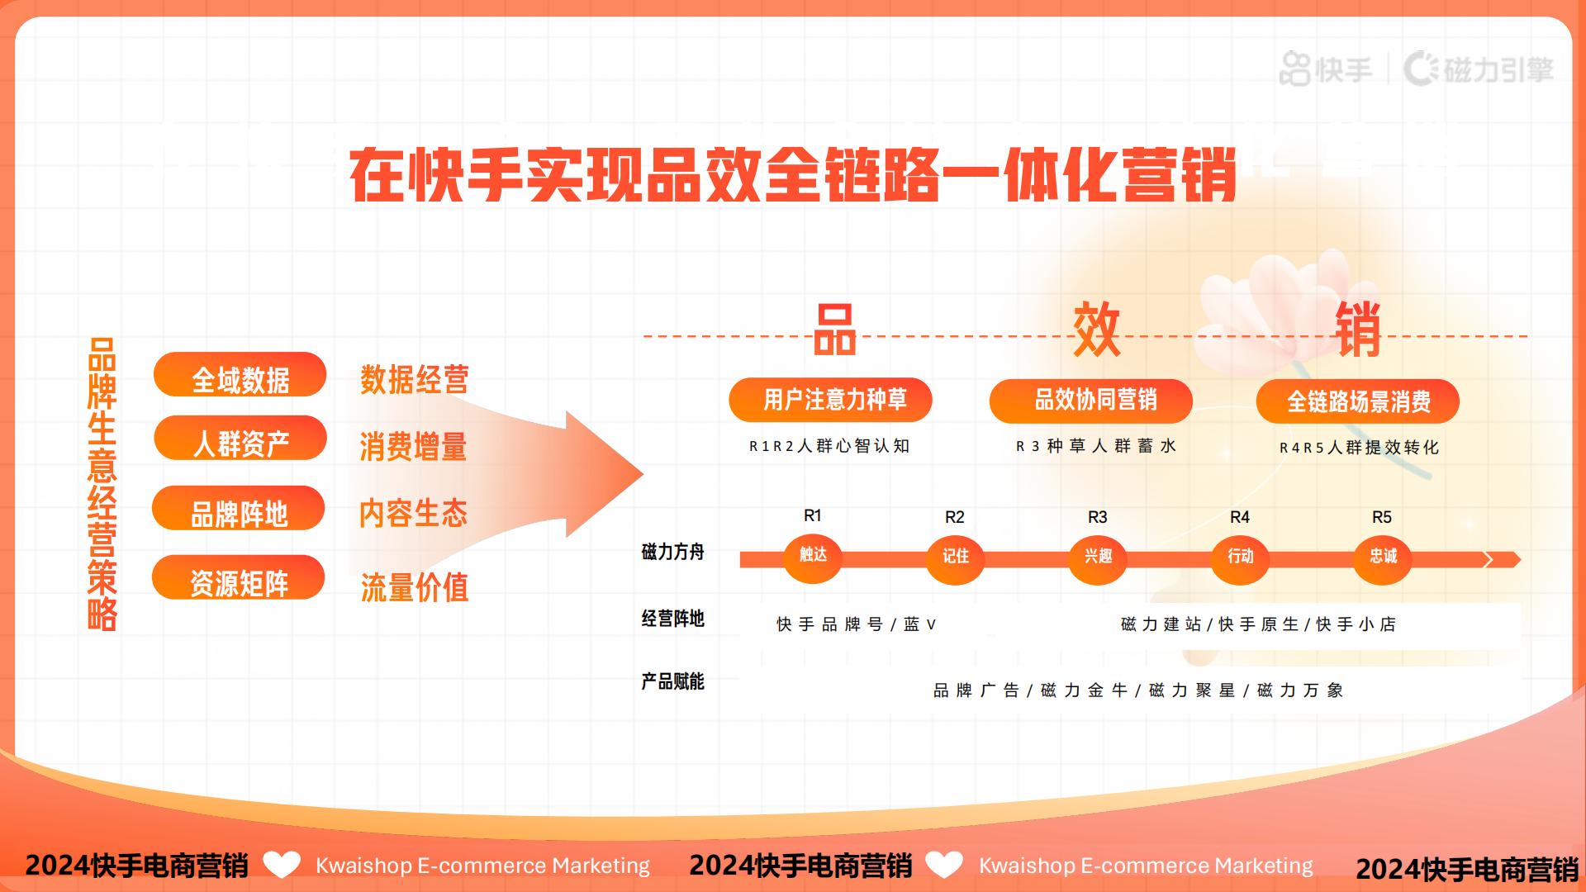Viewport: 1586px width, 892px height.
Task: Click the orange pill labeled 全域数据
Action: (x=240, y=376)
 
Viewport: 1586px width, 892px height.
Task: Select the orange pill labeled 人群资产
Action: (x=240, y=439)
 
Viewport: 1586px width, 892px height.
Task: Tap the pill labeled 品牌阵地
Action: (x=238, y=510)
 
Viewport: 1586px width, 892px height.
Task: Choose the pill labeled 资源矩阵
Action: (x=238, y=579)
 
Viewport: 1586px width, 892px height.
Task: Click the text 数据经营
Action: (x=414, y=380)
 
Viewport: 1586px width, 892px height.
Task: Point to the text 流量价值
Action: (x=414, y=588)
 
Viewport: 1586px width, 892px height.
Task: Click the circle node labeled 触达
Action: (x=813, y=556)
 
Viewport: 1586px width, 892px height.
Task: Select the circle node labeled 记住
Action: (x=955, y=557)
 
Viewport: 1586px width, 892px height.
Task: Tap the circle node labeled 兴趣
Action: (x=1098, y=557)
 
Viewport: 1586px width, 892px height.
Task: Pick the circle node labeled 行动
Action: (x=1240, y=557)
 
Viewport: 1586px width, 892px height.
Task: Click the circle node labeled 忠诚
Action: (x=1382, y=557)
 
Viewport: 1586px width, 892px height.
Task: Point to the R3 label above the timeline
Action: (x=1097, y=517)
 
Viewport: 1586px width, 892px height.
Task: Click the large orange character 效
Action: (x=1096, y=330)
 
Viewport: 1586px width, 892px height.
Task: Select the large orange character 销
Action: (x=1357, y=330)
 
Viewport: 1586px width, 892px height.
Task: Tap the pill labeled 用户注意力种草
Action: (x=830, y=401)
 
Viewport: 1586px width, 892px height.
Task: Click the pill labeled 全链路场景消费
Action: (x=1357, y=402)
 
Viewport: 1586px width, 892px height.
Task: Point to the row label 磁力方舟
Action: (x=672, y=553)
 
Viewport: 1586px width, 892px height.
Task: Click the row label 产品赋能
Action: (x=672, y=682)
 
